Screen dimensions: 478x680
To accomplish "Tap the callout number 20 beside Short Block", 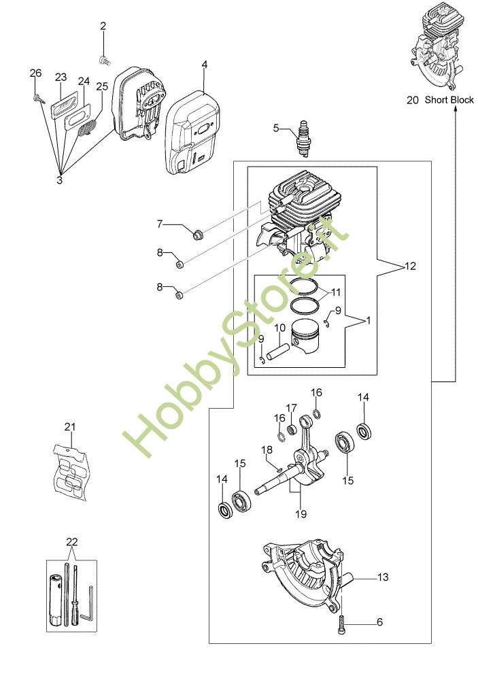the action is pos(413,100).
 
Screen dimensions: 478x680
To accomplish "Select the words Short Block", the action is pos(449,100).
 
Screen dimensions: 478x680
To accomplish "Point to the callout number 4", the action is pos(204,65).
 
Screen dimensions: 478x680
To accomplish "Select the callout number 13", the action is pos(383,577).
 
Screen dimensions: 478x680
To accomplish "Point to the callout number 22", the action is pos(72,542).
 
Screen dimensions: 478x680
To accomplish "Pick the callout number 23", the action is pos(61,77).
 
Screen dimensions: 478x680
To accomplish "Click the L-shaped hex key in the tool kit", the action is pos(88,611).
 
